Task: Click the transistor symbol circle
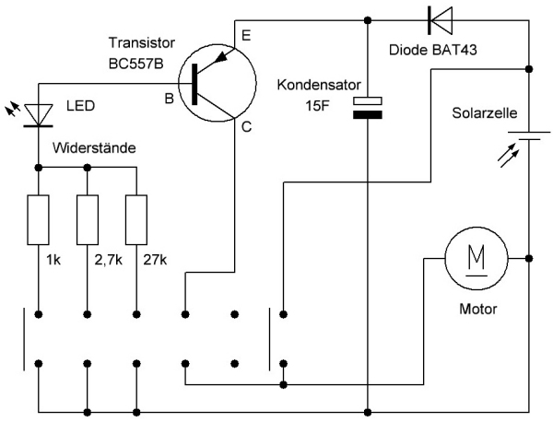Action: (x=217, y=85)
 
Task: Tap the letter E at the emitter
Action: (x=244, y=36)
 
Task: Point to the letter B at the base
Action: (x=169, y=99)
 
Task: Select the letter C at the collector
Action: (x=246, y=128)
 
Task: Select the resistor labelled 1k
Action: (x=38, y=219)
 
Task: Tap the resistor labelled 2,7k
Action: (x=87, y=219)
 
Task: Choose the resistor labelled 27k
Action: (x=136, y=219)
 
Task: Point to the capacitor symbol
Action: (x=368, y=108)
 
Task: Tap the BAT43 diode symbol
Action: (x=439, y=17)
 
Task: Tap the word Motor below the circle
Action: (x=477, y=309)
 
